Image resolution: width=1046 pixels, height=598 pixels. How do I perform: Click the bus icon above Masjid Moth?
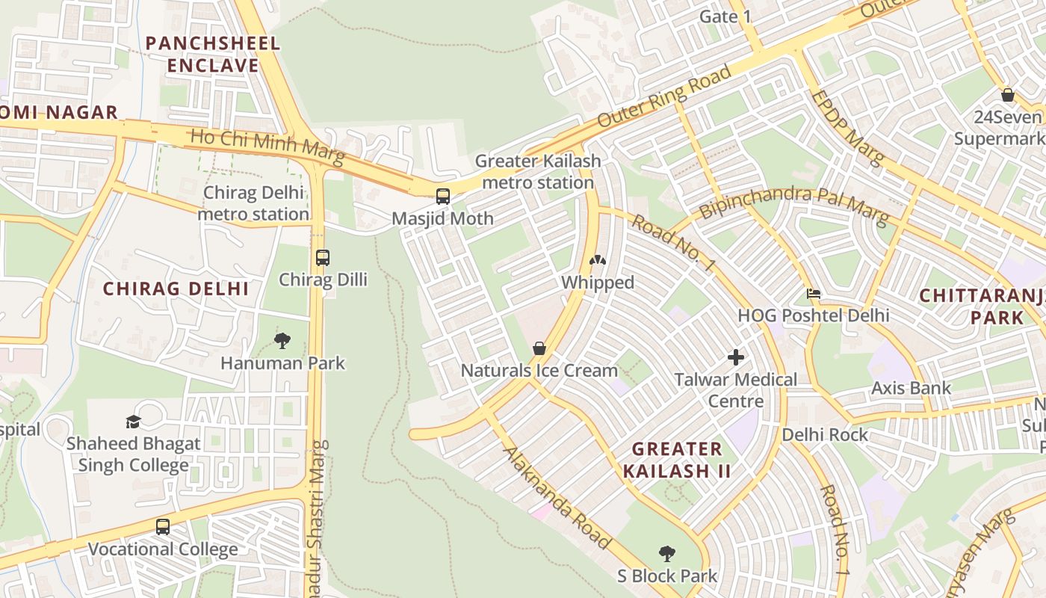(443, 197)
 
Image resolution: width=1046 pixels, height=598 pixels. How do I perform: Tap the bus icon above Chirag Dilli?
(323, 258)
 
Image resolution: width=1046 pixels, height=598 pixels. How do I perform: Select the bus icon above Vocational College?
(163, 527)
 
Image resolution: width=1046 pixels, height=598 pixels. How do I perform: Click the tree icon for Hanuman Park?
(282, 342)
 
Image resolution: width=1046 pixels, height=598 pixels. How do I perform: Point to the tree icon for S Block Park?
(667, 554)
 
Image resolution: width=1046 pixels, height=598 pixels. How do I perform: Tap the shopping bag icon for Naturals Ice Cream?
(539, 349)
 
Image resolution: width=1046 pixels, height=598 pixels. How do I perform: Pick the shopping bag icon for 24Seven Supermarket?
(1007, 95)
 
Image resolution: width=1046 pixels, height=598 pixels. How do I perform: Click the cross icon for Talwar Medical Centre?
(736, 357)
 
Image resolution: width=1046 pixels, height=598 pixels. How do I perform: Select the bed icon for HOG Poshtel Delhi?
(814, 294)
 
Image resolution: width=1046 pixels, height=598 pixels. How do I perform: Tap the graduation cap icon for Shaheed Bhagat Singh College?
(133, 422)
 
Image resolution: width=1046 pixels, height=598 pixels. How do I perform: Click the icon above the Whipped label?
(598, 261)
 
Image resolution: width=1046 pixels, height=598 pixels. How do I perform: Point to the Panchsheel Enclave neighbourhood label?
(213, 54)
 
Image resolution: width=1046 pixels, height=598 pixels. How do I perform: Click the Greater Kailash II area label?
(677, 460)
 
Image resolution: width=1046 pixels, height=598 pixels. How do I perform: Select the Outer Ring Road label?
(664, 96)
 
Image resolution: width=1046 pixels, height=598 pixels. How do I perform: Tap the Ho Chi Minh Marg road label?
(267, 147)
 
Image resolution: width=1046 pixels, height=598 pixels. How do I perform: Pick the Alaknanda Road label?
(557, 497)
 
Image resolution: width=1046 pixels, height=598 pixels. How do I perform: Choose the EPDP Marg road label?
(847, 128)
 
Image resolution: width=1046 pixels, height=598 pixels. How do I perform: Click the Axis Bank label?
(911, 388)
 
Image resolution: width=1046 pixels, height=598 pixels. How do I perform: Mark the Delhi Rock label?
(825, 434)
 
